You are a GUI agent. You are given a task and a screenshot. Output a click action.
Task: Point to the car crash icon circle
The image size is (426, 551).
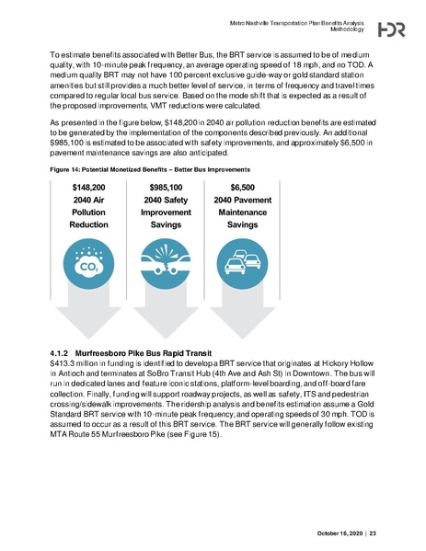click(166, 266)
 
